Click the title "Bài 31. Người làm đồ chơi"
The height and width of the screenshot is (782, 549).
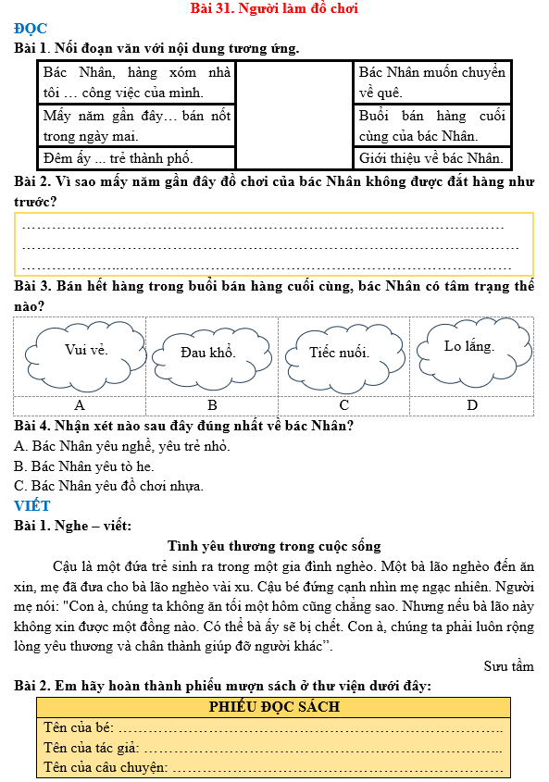click(273, 8)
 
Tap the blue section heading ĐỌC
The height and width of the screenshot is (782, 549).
click(31, 28)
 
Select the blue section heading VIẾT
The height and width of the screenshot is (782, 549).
click(32, 505)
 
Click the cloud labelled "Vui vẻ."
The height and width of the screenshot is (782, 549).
click(86, 350)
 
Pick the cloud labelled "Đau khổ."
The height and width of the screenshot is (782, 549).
click(207, 353)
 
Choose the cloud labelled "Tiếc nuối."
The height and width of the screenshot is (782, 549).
click(339, 353)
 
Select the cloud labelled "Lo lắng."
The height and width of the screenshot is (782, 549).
click(468, 347)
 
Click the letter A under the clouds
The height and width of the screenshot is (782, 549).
click(80, 405)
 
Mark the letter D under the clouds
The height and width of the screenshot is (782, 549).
click(472, 405)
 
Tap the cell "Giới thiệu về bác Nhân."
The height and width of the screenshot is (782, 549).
click(431, 157)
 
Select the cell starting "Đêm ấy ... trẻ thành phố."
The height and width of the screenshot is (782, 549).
click(136, 157)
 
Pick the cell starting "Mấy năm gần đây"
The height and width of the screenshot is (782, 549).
click(136, 125)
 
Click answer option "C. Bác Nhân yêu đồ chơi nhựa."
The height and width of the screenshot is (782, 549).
click(109, 485)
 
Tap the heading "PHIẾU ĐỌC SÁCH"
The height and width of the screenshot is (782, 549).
click(274, 707)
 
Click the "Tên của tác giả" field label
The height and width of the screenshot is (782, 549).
click(91, 748)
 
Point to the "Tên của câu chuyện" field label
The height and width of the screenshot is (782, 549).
click(106, 767)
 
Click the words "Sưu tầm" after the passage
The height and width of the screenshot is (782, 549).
click(508, 665)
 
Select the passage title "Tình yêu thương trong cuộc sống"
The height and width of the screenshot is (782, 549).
click(274, 546)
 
